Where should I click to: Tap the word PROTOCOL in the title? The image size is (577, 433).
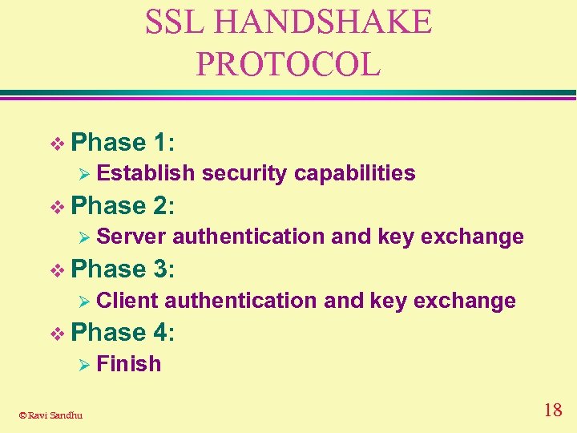tap(288, 64)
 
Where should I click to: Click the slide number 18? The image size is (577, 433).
tap(552, 411)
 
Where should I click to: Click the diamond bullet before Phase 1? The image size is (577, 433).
tap(55, 144)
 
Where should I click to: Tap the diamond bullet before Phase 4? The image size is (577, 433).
tap(55, 333)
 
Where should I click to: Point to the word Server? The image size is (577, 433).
tap(131, 237)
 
